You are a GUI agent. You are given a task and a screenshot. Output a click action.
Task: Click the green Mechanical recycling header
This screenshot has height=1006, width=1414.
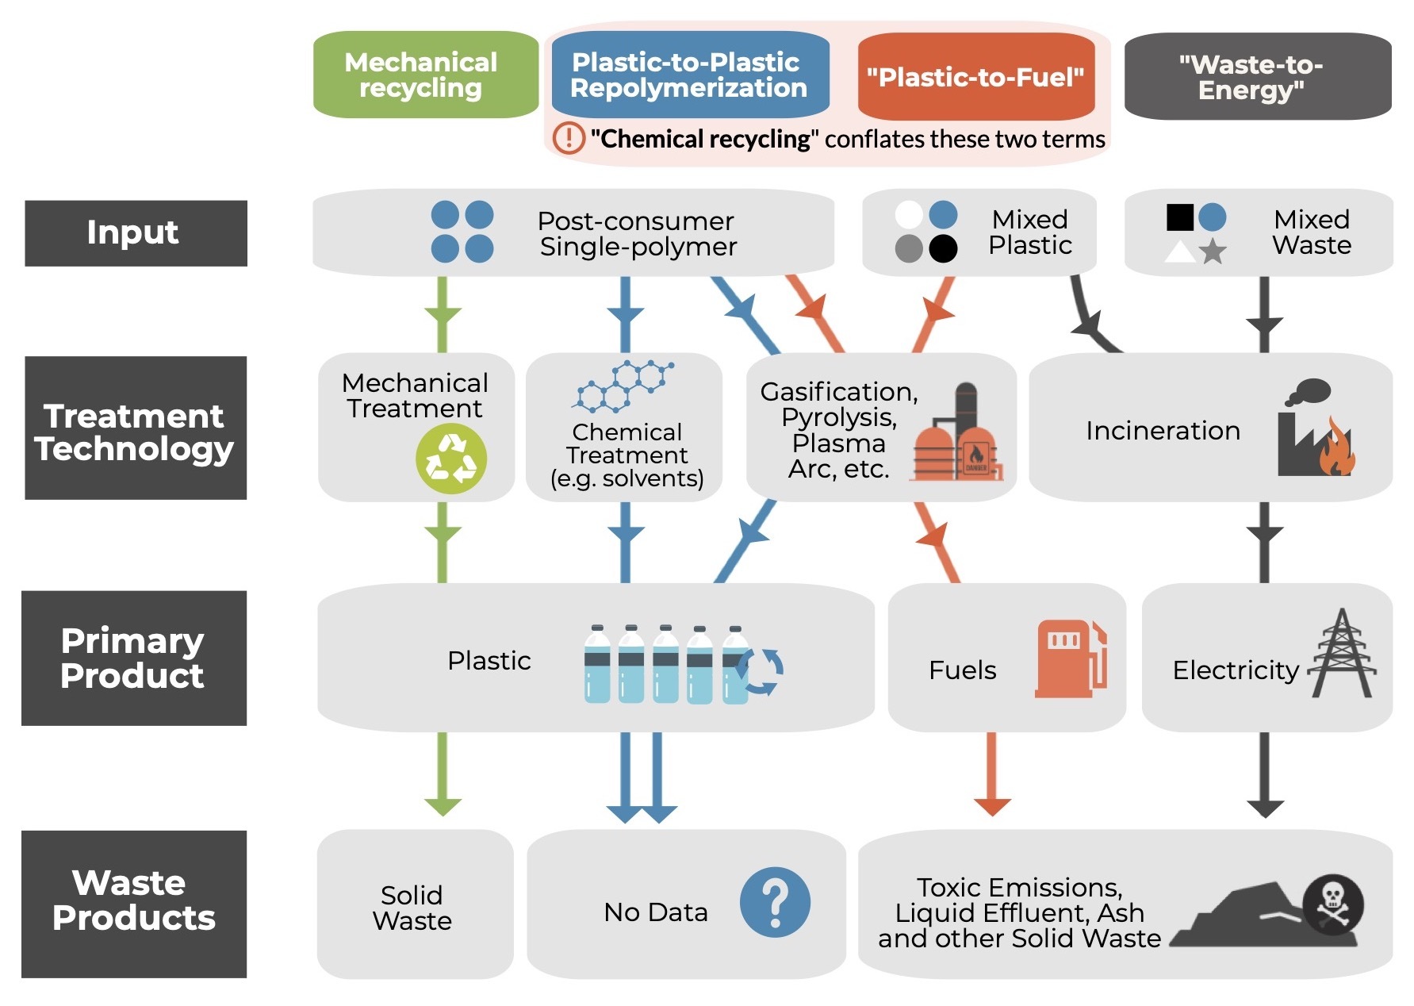[x=425, y=75]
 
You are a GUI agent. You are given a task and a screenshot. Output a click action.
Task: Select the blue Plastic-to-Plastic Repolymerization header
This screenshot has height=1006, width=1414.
[x=689, y=75]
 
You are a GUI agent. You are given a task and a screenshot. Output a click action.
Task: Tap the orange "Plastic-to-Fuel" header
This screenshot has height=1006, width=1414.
[x=975, y=77]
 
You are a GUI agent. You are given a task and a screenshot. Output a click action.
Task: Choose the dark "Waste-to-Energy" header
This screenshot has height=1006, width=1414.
[x=1257, y=77]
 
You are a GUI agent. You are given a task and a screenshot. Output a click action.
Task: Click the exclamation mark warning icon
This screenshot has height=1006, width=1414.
[x=569, y=138]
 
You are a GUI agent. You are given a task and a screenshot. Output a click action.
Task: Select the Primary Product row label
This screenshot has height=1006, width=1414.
[x=134, y=658]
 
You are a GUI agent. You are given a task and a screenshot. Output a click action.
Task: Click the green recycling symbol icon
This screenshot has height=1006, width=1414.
[x=451, y=459]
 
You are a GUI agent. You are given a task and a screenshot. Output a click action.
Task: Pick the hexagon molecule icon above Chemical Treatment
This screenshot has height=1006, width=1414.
[x=623, y=386]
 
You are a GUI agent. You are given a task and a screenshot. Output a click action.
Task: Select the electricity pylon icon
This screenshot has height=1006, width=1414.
[x=1342, y=654]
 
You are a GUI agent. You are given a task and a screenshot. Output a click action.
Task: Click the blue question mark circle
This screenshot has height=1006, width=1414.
[x=775, y=902]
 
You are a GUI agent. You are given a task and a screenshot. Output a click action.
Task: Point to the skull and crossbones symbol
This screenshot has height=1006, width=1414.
[x=1333, y=904]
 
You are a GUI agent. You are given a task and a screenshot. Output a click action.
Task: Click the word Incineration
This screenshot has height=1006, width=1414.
[x=1163, y=431]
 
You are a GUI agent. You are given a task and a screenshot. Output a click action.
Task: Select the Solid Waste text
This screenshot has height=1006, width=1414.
[x=412, y=908]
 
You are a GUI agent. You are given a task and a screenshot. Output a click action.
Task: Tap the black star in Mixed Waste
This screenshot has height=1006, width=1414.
[x=1213, y=252]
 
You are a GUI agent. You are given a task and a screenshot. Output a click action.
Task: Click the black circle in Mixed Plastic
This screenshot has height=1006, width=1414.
[x=942, y=248]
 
